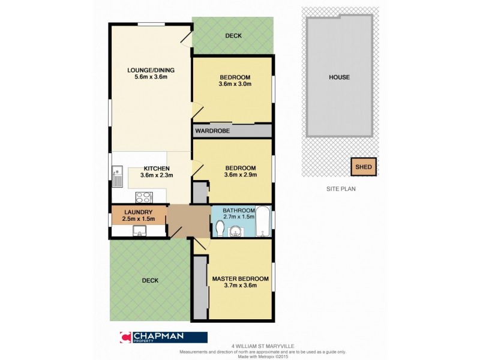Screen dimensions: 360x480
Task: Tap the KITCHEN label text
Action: pyautogui.click(x=156, y=169)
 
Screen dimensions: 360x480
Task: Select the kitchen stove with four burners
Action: pyautogui.click(x=144, y=196)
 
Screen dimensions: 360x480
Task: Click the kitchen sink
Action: pyautogui.click(x=116, y=175)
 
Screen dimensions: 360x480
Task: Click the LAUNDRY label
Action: pyautogui.click(x=138, y=212)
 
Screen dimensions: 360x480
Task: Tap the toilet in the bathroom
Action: pyautogui.click(x=220, y=229)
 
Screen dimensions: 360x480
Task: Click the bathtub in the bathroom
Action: pyautogui.click(x=263, y=223)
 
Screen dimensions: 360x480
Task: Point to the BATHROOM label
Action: pyautogui.click(x=239, y=211)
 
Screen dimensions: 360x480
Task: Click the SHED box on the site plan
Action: pyautogui.click(x=364, y=167)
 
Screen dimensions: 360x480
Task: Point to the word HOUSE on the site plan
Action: pyautogui.click(x=339, y=77)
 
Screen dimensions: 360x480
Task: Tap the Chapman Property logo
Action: pyautogui.click(x=164, y=337)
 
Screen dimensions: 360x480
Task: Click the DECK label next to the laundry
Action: pyautogui.click(x=150, y=280)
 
